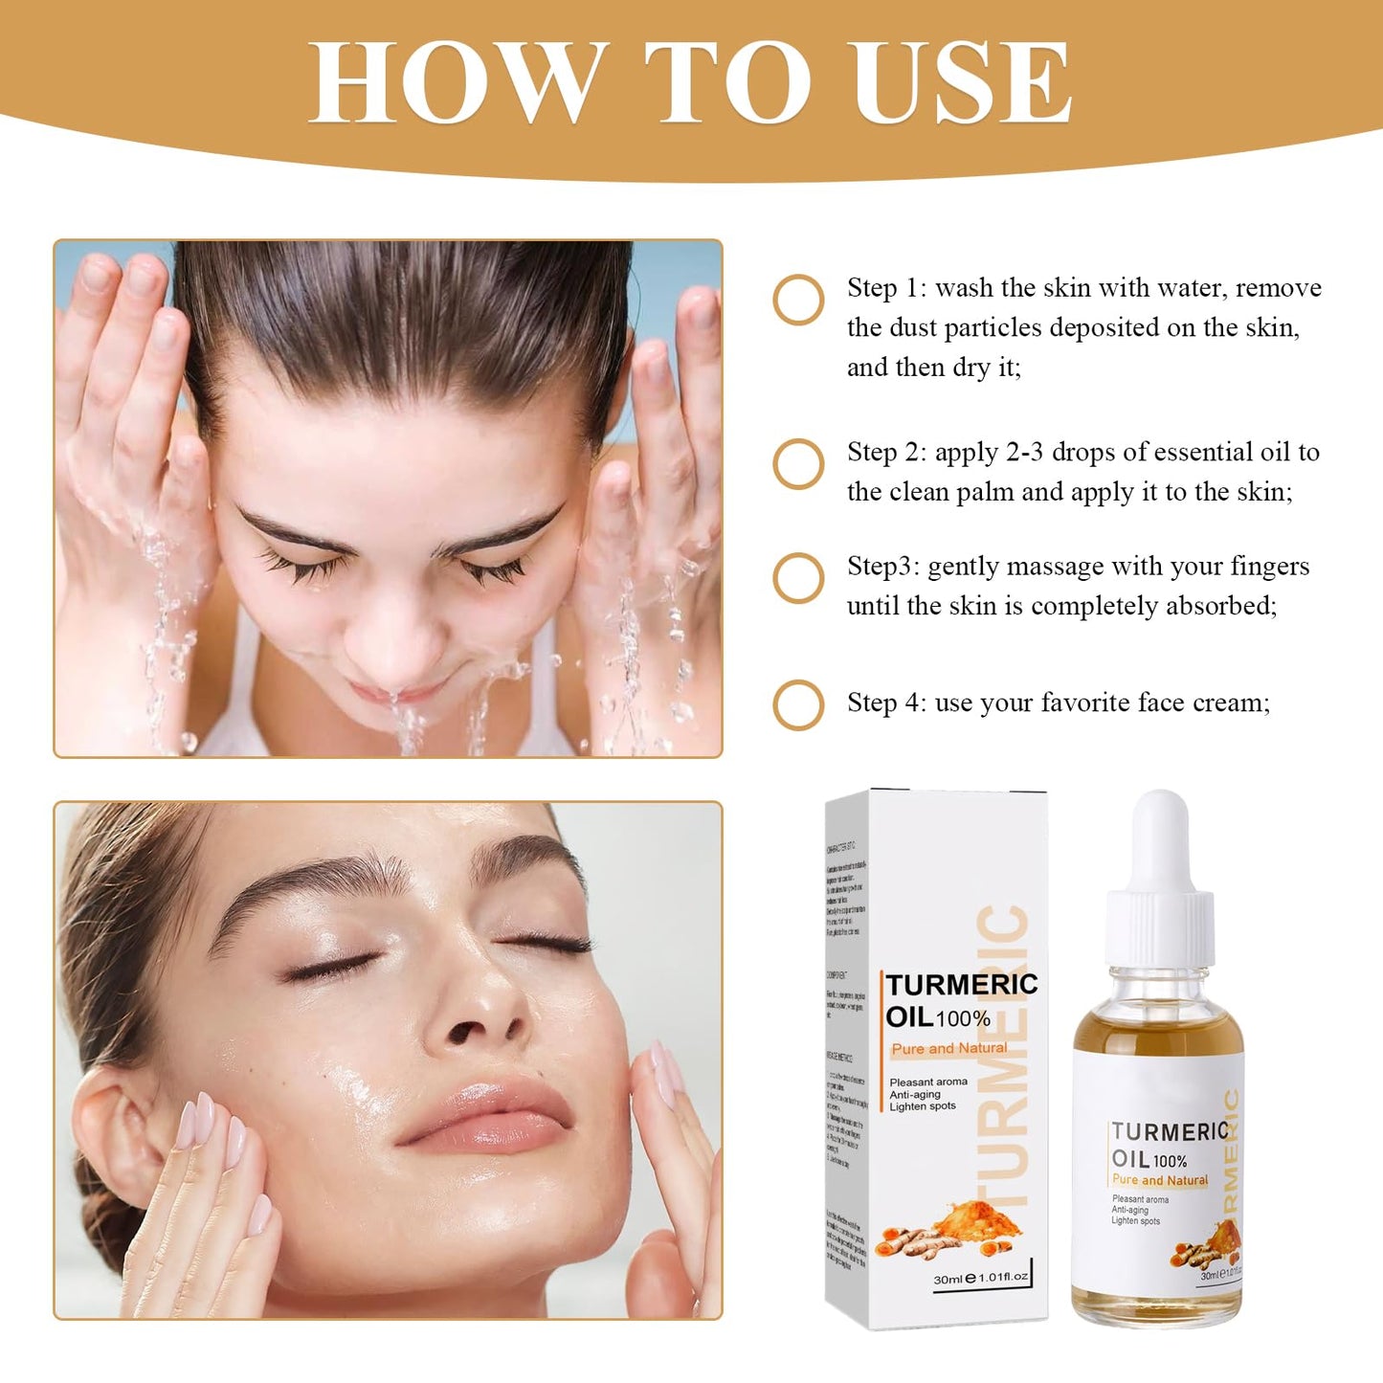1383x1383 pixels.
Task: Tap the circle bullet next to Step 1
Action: [x=798, y=301]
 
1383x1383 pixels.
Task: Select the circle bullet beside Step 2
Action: [x=798, y=464]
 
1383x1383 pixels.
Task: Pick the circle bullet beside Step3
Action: [x=798, y=578]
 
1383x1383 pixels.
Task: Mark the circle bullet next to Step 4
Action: [x=798, y=705]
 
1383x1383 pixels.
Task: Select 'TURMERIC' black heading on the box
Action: [x=961, y=985]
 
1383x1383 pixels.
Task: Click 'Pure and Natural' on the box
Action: [x=948, y=1049]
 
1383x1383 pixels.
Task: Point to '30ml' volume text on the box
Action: [x=948, y=1279]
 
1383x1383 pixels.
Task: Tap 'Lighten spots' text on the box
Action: [x=923, y=1107]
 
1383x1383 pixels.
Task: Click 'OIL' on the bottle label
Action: [x=1130, y=1159]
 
